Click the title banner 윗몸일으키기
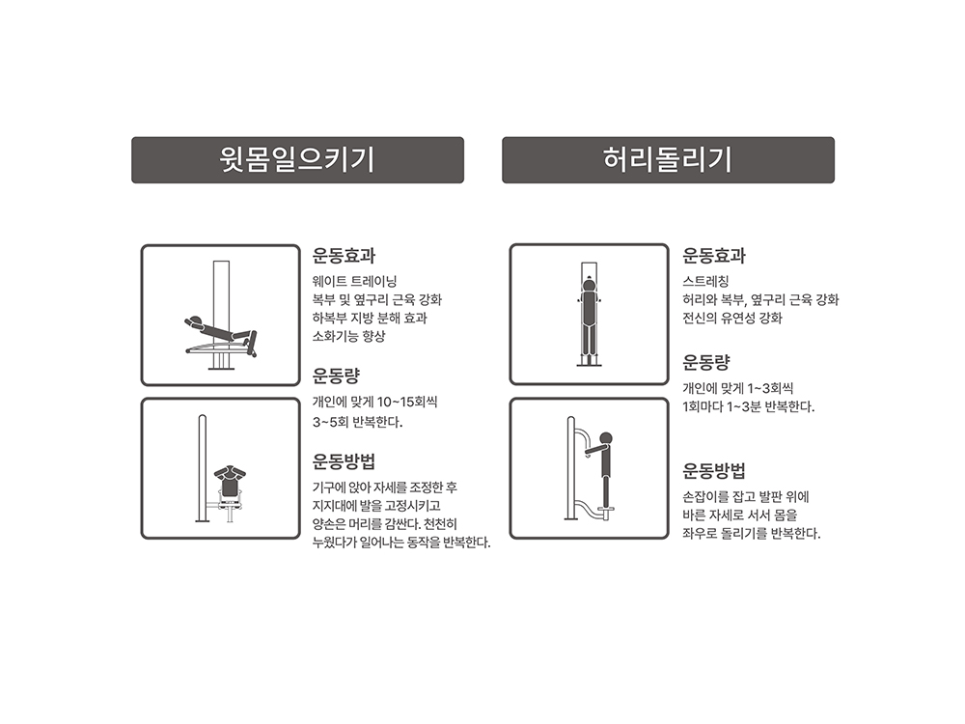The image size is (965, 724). (x=297, y=160)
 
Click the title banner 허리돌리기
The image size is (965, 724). (x=668, y=160)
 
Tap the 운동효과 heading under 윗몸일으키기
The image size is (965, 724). (x=344, y=256)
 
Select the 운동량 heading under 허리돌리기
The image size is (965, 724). (x=706, y=362)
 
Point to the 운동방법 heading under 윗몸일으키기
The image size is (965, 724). (x=344, y=461)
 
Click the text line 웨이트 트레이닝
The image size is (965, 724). (x=354, y=281)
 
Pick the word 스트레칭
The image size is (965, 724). (x=706, y=281)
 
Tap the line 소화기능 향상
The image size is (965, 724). (x=348, y=336)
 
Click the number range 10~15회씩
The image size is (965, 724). (x=407, y=402)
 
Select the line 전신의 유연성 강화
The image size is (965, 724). (x=732, y=319)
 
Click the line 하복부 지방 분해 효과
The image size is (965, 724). (x=370, y=319)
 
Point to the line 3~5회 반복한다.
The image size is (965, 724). (x=357, y=423)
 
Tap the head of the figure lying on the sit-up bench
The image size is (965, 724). (x=196, y=320)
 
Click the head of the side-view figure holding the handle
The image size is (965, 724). (x=606, y=437)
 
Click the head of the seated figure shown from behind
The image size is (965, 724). (x=230, y=470)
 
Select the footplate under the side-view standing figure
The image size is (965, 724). (x=606, y=508)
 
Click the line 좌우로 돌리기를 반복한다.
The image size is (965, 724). (x=752, y=534)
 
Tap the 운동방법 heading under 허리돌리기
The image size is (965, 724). (x=714, y=471)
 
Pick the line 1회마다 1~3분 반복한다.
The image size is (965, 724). (x=749, y=407)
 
